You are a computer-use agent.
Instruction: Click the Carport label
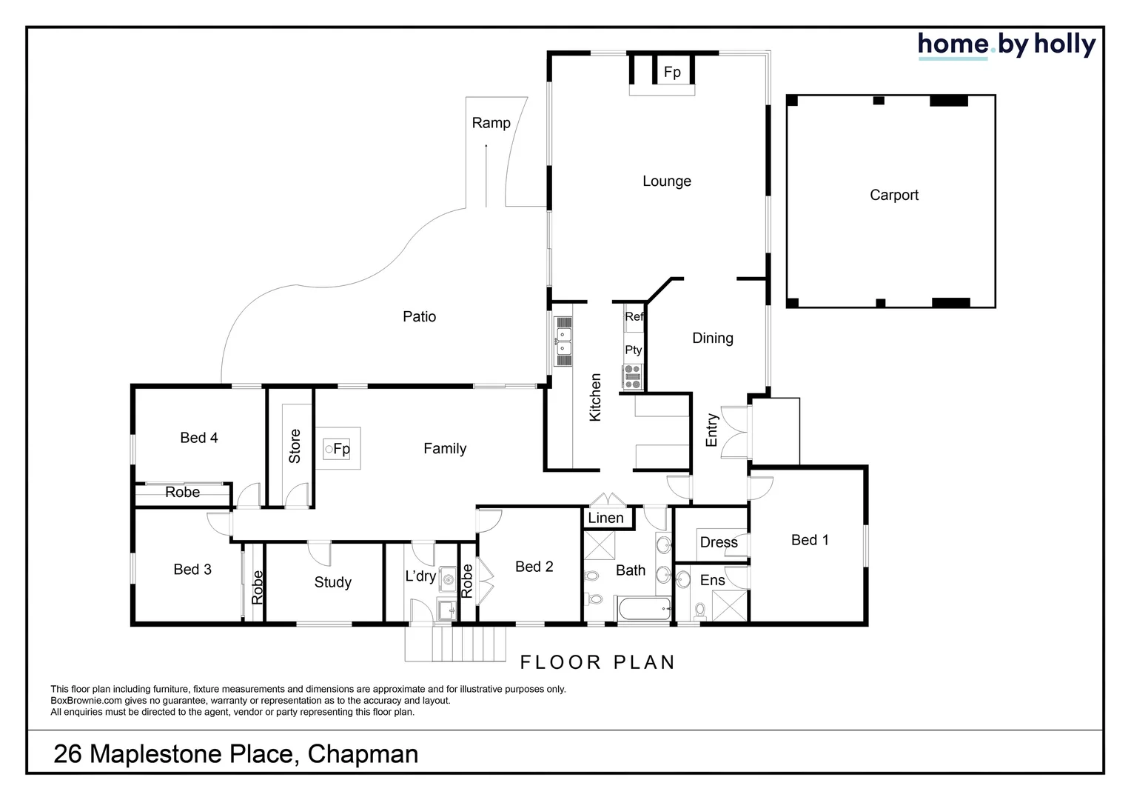tap(893, 195)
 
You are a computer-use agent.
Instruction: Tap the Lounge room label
tap(666, 181)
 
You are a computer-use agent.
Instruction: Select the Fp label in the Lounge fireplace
tap(671, 72)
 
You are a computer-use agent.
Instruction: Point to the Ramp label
tap(491, 123)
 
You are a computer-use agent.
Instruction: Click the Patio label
tap(419, 316)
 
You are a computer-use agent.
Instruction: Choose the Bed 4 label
tap(198, 438)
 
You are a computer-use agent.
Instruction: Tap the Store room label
tap(295, 446)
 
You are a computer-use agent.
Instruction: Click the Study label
tap(332, 582)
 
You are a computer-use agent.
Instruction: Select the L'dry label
tap(420, 576)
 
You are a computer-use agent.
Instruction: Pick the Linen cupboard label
tap(605, 518)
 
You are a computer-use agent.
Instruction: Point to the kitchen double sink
tap(563, 342)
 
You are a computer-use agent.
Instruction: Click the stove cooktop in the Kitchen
tap(633, 377)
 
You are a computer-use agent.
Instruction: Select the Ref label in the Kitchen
tap(634, 316)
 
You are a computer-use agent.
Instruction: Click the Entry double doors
tap(734, 433)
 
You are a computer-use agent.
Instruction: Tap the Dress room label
tap(719, 542)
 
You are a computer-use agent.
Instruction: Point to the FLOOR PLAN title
tap(597, 662)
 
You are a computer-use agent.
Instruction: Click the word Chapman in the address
tap(363, 754)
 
